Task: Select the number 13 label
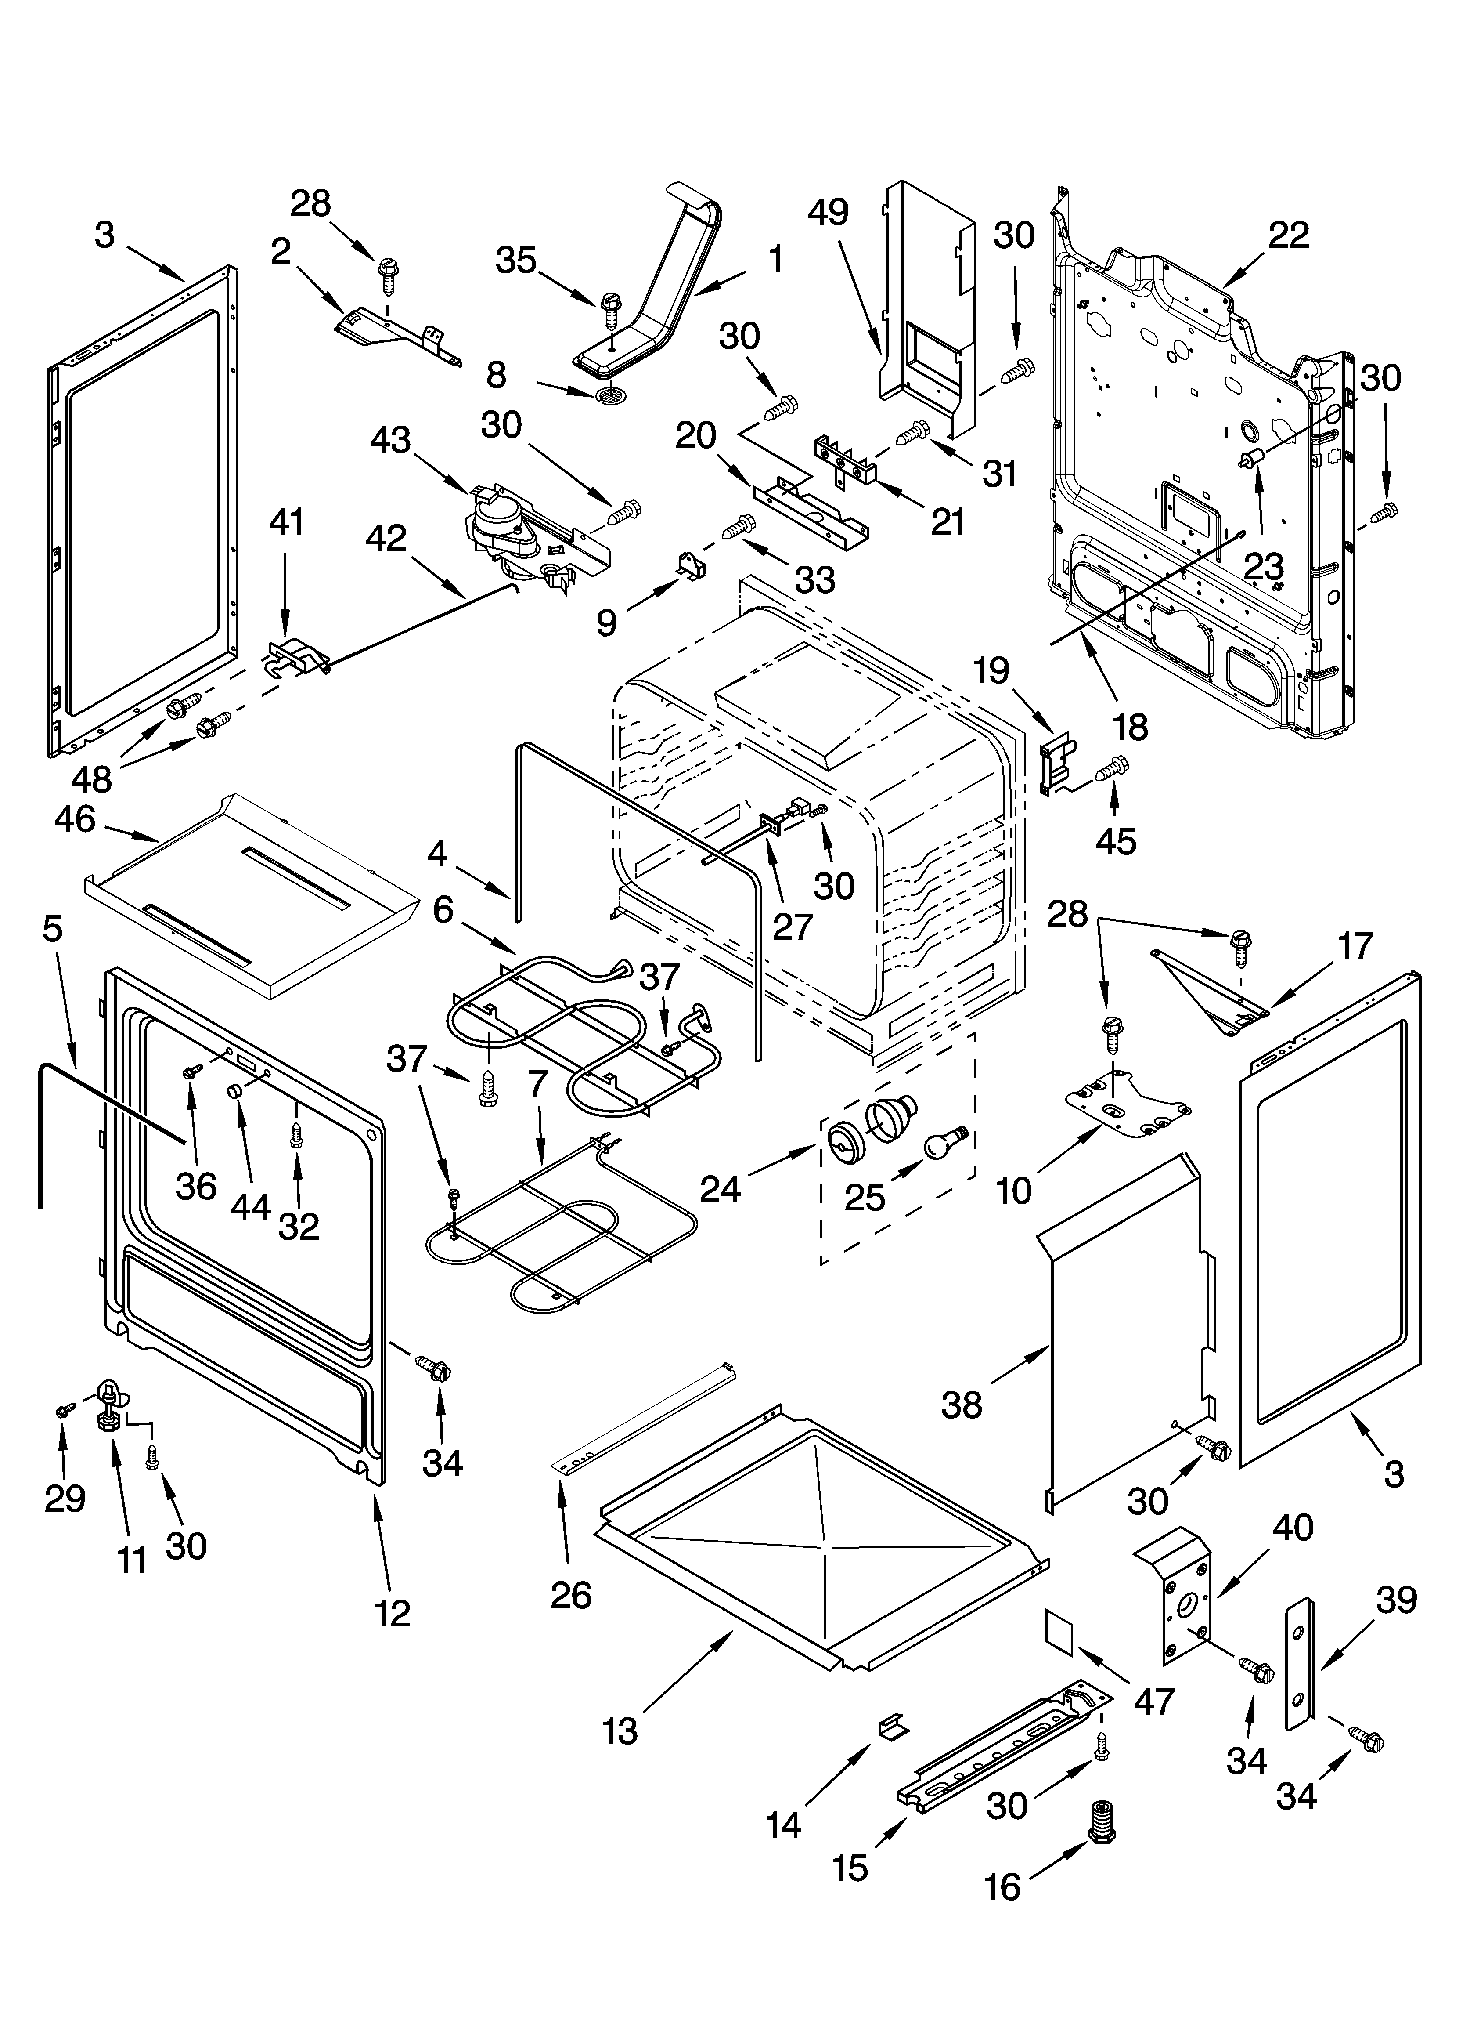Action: click(x=620, y=1731)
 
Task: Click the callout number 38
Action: click(x=962, y=1404)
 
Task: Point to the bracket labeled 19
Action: click(x=1056, y=764)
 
